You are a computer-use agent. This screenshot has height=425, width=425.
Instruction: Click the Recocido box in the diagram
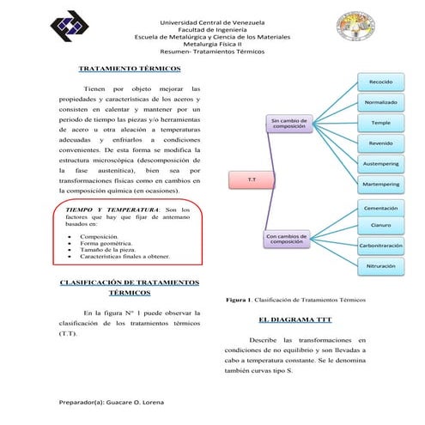tap(380, 82)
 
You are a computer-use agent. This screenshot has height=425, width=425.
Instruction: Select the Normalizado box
tap(380, 103)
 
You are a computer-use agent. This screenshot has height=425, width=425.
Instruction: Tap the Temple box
tap(380, 123)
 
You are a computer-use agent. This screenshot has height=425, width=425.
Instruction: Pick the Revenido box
tap(380, 143)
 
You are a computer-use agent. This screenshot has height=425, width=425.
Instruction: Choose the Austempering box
tap(380, 163)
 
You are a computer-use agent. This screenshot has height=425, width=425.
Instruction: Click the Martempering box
tap(380, 184)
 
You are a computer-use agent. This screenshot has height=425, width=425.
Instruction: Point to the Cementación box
tap(380, 208)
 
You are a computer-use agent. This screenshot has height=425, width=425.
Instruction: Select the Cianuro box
tap(380, 225)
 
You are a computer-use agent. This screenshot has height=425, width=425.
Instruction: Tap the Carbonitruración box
tap(380, 246)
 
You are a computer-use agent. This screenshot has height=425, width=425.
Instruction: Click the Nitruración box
tap(380, 266)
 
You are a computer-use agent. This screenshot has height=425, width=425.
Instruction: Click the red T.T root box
tap(250, 179)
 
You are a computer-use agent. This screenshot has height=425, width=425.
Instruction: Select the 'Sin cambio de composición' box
tap(289, 124)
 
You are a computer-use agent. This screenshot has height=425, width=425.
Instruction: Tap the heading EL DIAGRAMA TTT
tap(294, 320)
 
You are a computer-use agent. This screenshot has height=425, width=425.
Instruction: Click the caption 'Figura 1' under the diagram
tap(295, 300)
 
